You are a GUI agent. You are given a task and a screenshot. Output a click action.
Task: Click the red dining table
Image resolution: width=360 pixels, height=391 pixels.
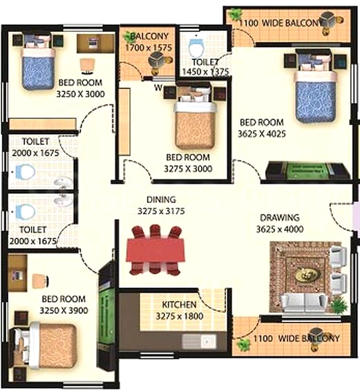156,249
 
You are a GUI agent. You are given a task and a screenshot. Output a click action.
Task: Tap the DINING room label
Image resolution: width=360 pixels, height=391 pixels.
161,200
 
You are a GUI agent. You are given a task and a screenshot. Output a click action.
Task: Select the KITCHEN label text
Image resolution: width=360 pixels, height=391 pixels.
179,305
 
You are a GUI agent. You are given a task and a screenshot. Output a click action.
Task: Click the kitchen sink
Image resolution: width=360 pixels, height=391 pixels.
199,341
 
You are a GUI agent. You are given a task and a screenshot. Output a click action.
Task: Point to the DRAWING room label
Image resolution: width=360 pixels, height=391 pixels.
280,218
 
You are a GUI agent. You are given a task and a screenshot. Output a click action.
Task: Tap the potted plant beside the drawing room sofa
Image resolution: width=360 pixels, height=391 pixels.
339,305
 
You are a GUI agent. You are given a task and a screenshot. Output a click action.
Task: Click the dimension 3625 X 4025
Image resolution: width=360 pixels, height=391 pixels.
262,134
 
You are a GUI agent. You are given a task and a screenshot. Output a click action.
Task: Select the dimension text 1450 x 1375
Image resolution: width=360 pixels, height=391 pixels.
205,72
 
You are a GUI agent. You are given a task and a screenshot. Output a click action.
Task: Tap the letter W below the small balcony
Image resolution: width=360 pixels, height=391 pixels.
158,88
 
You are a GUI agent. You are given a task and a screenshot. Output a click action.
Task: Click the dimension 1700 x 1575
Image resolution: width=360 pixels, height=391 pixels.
149,48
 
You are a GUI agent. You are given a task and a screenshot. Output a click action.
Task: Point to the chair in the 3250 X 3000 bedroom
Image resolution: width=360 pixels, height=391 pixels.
88,66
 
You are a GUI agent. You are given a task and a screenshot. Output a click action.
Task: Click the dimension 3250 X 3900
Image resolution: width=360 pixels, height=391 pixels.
64,310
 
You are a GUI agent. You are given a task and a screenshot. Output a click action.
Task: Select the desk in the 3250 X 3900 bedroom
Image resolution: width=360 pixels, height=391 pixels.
17,273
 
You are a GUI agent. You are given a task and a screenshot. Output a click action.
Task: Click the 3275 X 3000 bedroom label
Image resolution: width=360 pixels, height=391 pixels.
188,158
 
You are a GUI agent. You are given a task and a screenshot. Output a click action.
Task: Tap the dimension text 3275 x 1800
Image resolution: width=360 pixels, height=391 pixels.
180,316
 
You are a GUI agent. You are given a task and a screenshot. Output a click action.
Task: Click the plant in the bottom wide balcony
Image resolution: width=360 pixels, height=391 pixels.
243,344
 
